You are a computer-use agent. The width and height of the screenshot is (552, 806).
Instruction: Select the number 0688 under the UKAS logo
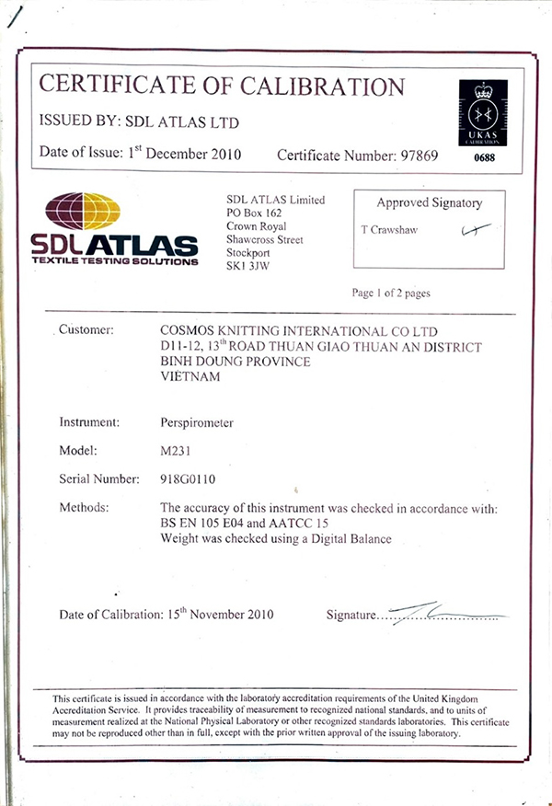click(483, 158)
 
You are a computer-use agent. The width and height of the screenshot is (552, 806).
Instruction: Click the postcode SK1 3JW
click(246, 265)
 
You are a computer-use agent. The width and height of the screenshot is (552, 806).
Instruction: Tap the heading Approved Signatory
click(429, 203)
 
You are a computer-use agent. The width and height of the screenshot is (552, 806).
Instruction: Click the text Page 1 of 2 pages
click(391, 294)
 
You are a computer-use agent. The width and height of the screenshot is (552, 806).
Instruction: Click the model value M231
click(176, 451)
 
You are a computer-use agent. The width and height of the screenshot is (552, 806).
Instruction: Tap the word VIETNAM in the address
click(190, 376)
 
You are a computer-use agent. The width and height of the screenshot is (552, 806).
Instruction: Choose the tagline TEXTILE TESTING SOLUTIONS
click(114, 262)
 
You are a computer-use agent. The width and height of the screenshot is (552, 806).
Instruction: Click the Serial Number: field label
click(99, 479)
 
